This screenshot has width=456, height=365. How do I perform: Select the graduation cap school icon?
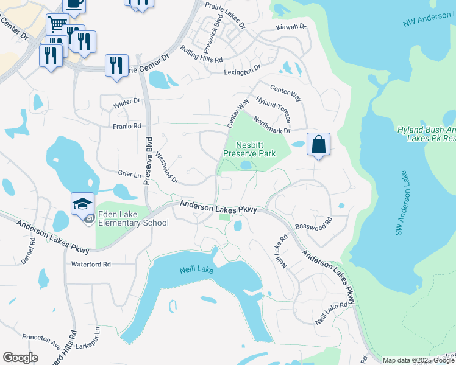tap(82, 203)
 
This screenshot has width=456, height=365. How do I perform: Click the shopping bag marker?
tap(318, 145)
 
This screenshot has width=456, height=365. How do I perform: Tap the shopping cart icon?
tap(57, 25)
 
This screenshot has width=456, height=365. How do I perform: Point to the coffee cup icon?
tap(74, 4)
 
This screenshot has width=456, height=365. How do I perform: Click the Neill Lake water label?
tap(196, 269)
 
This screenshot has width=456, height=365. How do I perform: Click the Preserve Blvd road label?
tap(148, 161)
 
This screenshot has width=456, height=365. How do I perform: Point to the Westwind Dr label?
tap(166, 168)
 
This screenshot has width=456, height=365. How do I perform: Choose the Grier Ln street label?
tap(129, 174)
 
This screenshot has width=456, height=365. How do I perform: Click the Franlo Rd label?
tap(127, 126)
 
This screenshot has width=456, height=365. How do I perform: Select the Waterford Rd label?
tap(91, 265)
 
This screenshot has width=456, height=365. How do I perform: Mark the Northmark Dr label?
tap(271, 126)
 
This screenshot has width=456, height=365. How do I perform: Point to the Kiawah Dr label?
tap(290, 27)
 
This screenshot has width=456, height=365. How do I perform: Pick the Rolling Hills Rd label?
tap(201, 60)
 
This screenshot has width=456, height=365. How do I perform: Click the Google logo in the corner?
tap(20, 357)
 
